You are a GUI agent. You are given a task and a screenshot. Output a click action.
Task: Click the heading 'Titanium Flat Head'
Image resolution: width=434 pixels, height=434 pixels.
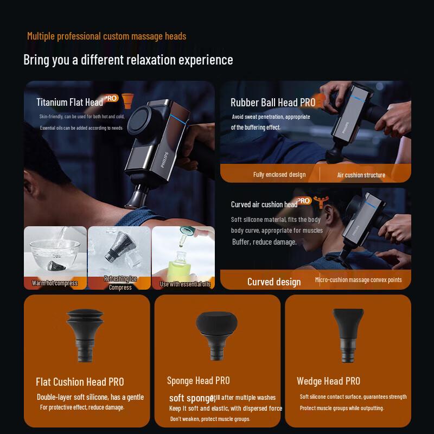69,102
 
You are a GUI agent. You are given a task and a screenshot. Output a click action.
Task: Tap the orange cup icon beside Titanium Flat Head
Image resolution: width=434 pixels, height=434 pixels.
128,101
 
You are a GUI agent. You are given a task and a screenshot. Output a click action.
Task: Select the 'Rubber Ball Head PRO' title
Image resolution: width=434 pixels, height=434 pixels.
273,102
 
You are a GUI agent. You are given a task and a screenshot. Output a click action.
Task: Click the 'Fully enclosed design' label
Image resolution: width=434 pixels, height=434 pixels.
279,175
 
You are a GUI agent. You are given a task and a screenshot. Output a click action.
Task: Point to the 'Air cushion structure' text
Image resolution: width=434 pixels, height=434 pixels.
361,175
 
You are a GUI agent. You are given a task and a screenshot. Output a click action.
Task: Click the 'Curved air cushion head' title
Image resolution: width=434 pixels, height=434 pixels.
264,205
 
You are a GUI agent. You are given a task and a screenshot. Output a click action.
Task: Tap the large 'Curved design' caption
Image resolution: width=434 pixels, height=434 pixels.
274,282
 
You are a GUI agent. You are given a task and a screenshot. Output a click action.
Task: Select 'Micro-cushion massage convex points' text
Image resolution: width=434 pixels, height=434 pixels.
359,280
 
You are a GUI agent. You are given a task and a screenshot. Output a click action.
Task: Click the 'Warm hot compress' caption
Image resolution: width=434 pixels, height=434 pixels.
54,283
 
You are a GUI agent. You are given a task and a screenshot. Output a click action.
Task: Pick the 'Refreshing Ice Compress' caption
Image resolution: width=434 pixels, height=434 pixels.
120,283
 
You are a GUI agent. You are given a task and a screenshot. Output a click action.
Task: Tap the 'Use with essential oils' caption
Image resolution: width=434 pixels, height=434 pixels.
184,283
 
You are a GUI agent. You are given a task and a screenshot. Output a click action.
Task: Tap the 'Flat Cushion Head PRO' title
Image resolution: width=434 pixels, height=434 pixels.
80,382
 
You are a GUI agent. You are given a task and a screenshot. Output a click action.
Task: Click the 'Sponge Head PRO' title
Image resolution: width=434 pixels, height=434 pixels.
199,380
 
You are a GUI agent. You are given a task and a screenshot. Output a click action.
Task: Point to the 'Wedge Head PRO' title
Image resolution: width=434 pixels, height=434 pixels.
328,381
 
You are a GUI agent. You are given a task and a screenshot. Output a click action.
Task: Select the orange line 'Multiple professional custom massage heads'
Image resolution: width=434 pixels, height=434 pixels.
106,36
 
